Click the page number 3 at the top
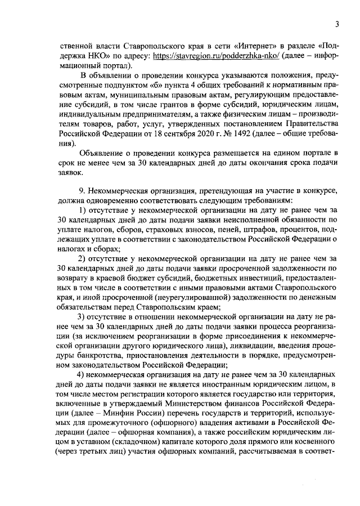336,24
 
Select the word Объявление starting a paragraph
104,154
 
